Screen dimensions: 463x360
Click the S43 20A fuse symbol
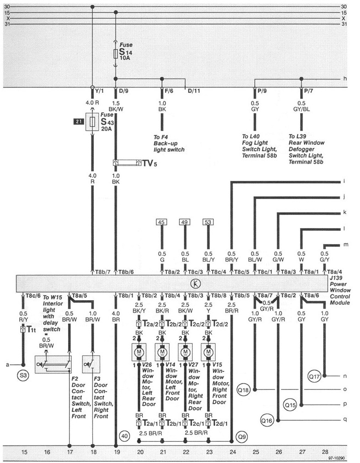93,122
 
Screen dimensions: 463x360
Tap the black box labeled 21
79,121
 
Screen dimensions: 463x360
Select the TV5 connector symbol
127,163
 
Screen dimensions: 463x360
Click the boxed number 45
161,223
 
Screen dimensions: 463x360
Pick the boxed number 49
185,223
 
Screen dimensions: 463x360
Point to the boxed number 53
208,223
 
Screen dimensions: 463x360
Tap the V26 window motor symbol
139,352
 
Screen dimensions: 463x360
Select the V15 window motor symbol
209,352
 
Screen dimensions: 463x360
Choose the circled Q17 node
314,377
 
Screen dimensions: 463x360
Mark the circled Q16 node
267,420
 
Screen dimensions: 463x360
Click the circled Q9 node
242,434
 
